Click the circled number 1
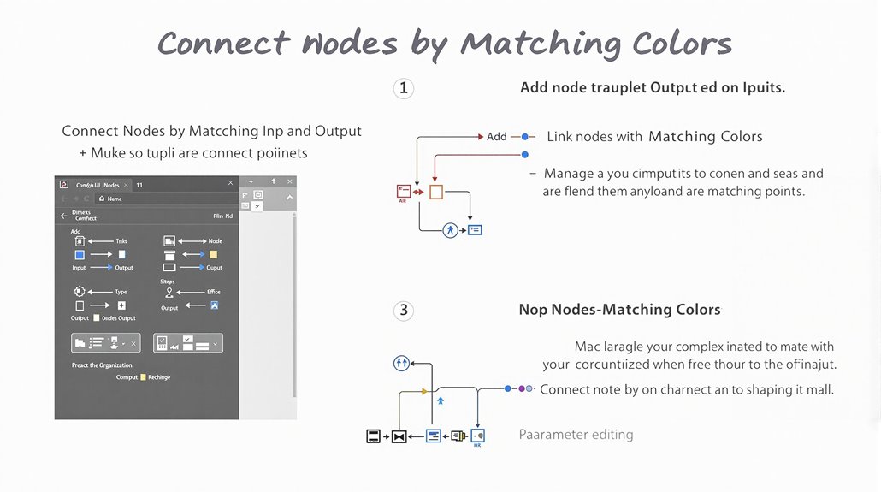(x=404, y=88)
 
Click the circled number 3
(x=404, y=310)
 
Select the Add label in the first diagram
(x=497, y=136)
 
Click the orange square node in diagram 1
(x=436, y=192)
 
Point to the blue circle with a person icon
(x=451, y=229)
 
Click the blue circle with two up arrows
(x=402, y=363)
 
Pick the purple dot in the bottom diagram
(x=522, y=388)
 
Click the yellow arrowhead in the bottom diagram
(x=425, y=391)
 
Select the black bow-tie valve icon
(x=399, y=436)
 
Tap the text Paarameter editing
(x=576, y=435)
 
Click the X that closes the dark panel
(x=230, y=183)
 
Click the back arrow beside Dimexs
(x=63, y=216)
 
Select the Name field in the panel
(x=115, y=199)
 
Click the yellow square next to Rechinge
(x=143, y=376)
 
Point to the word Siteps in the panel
(x=168, y=282)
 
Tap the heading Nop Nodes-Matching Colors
(x=619, y=310)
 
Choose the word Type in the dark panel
(x=121, y=292)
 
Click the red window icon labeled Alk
(x=404, y=192)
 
